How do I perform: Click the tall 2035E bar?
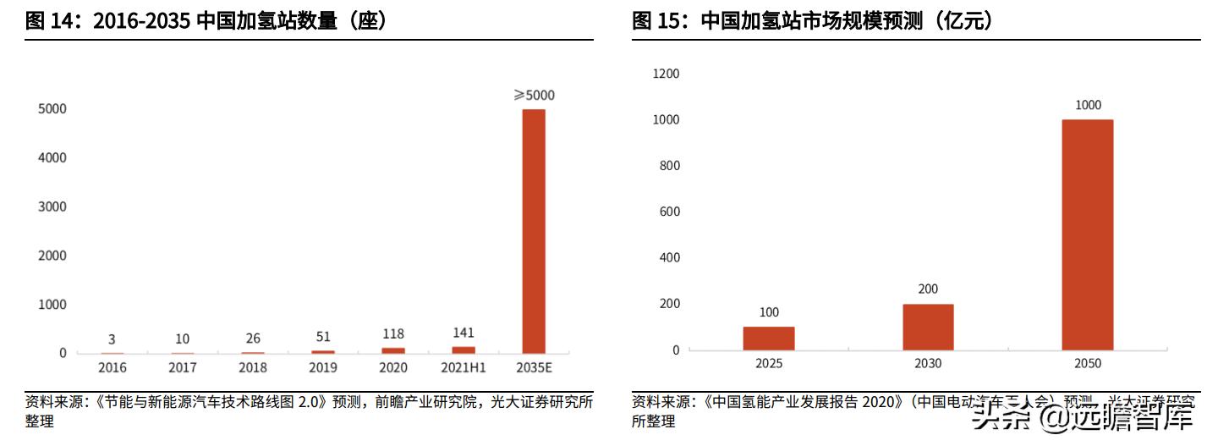(x=534, y=230)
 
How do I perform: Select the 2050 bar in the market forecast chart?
(x=1088, y=234)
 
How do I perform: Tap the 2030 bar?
(x=928, y=327)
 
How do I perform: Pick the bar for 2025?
(x=769, y=338)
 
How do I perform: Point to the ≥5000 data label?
(x=534, y=96)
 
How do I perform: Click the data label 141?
(x=464, y=333)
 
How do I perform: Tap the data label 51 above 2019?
(x=323, y=339)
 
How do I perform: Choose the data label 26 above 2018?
(x=253, y=339)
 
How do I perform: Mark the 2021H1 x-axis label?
(x=464, y=367)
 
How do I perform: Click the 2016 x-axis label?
(x=112, y=367)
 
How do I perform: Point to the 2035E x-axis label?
(x=534, y=367)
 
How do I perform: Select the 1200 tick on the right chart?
(x=667, y=74)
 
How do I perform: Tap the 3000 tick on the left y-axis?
(x=52, y=206)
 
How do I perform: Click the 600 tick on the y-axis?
(x=669, y=212)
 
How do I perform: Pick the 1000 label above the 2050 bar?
(x=1088, y=106)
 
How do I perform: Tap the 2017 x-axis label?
(x=183, y=367)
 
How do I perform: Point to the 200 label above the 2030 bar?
(x=928, y=289)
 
